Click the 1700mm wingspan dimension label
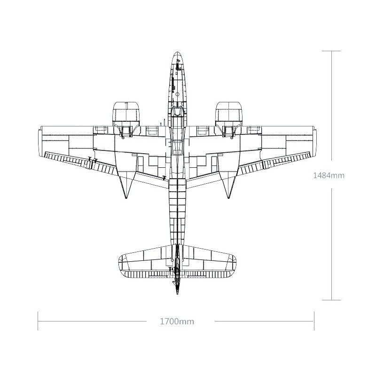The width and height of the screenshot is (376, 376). (x=177, y=322)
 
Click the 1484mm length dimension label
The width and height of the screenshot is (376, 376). (x=329, y=176)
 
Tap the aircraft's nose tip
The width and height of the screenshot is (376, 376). (x=177, y=52)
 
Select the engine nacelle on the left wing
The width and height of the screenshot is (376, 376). (x=126, y=113)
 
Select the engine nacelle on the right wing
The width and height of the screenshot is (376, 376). (x=229, y=113)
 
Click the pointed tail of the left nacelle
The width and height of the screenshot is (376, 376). (x=125, y=197)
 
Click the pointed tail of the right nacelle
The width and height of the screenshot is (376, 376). (x=229, y=197)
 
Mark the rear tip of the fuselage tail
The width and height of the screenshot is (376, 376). (x=177, y=294)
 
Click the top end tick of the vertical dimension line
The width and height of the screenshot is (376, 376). (x=333, y=51)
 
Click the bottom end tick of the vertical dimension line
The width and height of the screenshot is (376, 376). (x=333, y=299)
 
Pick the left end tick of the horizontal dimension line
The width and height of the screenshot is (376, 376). (x=38, y=322)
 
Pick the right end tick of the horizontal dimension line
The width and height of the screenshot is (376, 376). (x=314, y=322)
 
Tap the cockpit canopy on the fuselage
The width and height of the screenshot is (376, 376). (x=177, y=113)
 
